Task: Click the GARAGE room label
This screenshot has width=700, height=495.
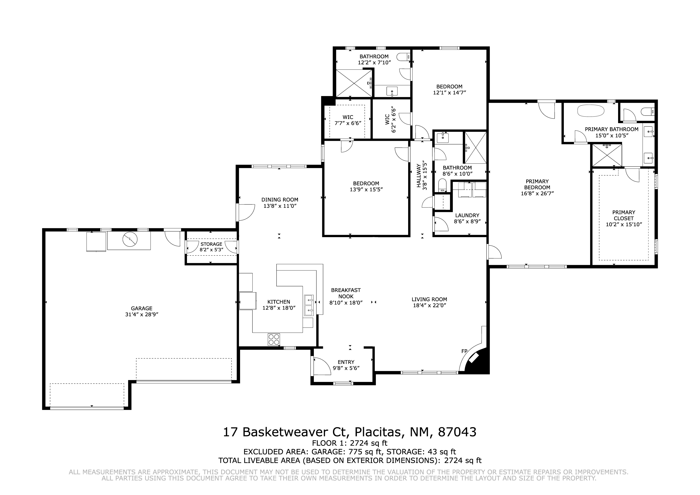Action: (142, 308)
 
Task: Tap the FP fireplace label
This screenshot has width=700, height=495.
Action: (464, 351)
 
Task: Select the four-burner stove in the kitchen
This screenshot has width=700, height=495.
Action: (274, 339)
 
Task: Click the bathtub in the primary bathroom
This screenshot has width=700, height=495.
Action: (591, 111)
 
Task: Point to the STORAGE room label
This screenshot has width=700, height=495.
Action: (211, 244)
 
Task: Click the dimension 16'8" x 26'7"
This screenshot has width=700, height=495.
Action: (537, 193)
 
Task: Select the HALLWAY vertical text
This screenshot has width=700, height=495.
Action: (419, 176)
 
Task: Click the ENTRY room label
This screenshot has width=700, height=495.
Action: (346, 362)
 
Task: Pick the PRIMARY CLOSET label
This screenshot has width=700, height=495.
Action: (624, 215)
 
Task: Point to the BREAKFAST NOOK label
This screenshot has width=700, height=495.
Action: (346, 293)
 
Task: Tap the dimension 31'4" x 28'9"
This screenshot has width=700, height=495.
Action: (142, 315)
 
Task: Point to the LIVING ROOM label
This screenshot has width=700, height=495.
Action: (429, 300)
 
